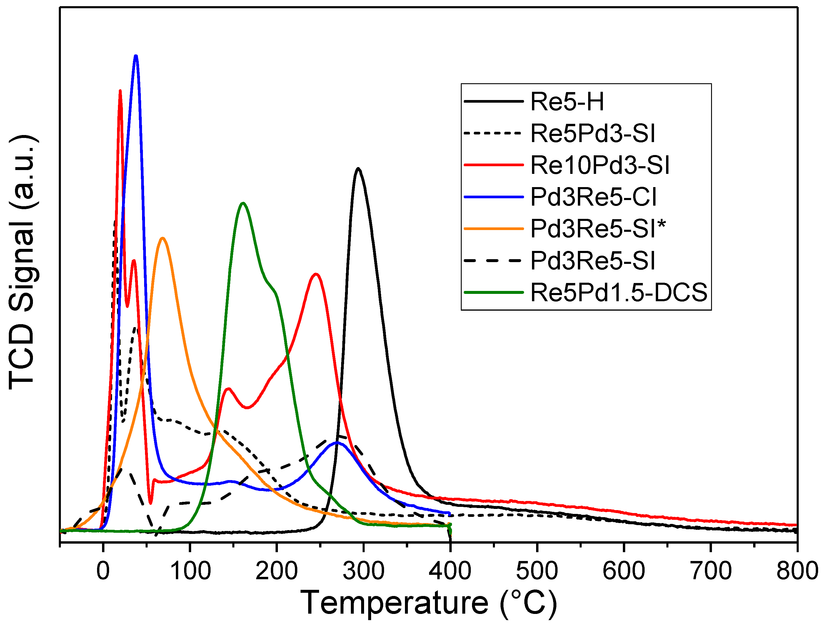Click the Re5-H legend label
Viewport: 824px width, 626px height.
pos(567,101)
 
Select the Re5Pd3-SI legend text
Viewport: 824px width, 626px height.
pos(592,133)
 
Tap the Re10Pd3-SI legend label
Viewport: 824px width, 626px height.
pos(599,165)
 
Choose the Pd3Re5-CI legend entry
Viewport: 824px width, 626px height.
pos(593,197)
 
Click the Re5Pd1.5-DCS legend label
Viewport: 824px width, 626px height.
pos(618,292)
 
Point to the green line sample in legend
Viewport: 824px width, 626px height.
pos(493,292)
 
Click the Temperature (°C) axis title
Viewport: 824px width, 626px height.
pos(428,603)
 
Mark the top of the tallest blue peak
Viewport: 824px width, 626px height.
pos(136,56)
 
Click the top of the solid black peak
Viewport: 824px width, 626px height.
pos(358,169)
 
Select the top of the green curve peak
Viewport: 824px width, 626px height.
pos(243,203)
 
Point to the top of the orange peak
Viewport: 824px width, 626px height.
pos(162,238)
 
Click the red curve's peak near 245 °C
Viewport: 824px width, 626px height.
pos(316,274)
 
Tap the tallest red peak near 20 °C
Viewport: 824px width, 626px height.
pos(120,91)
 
